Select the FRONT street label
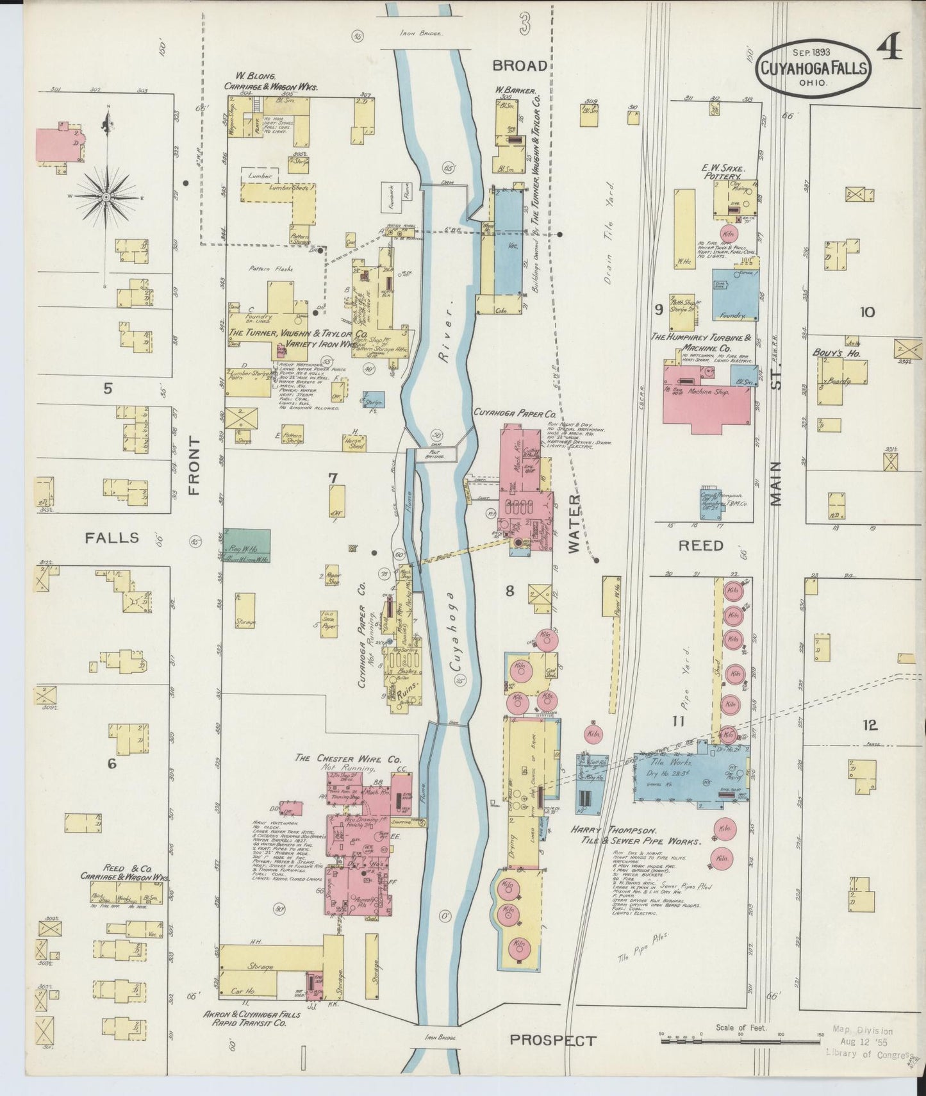[194, 466]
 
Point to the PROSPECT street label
[553, 1040]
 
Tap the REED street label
[702, 545]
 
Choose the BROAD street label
[520, 65]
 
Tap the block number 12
[870, 726]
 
